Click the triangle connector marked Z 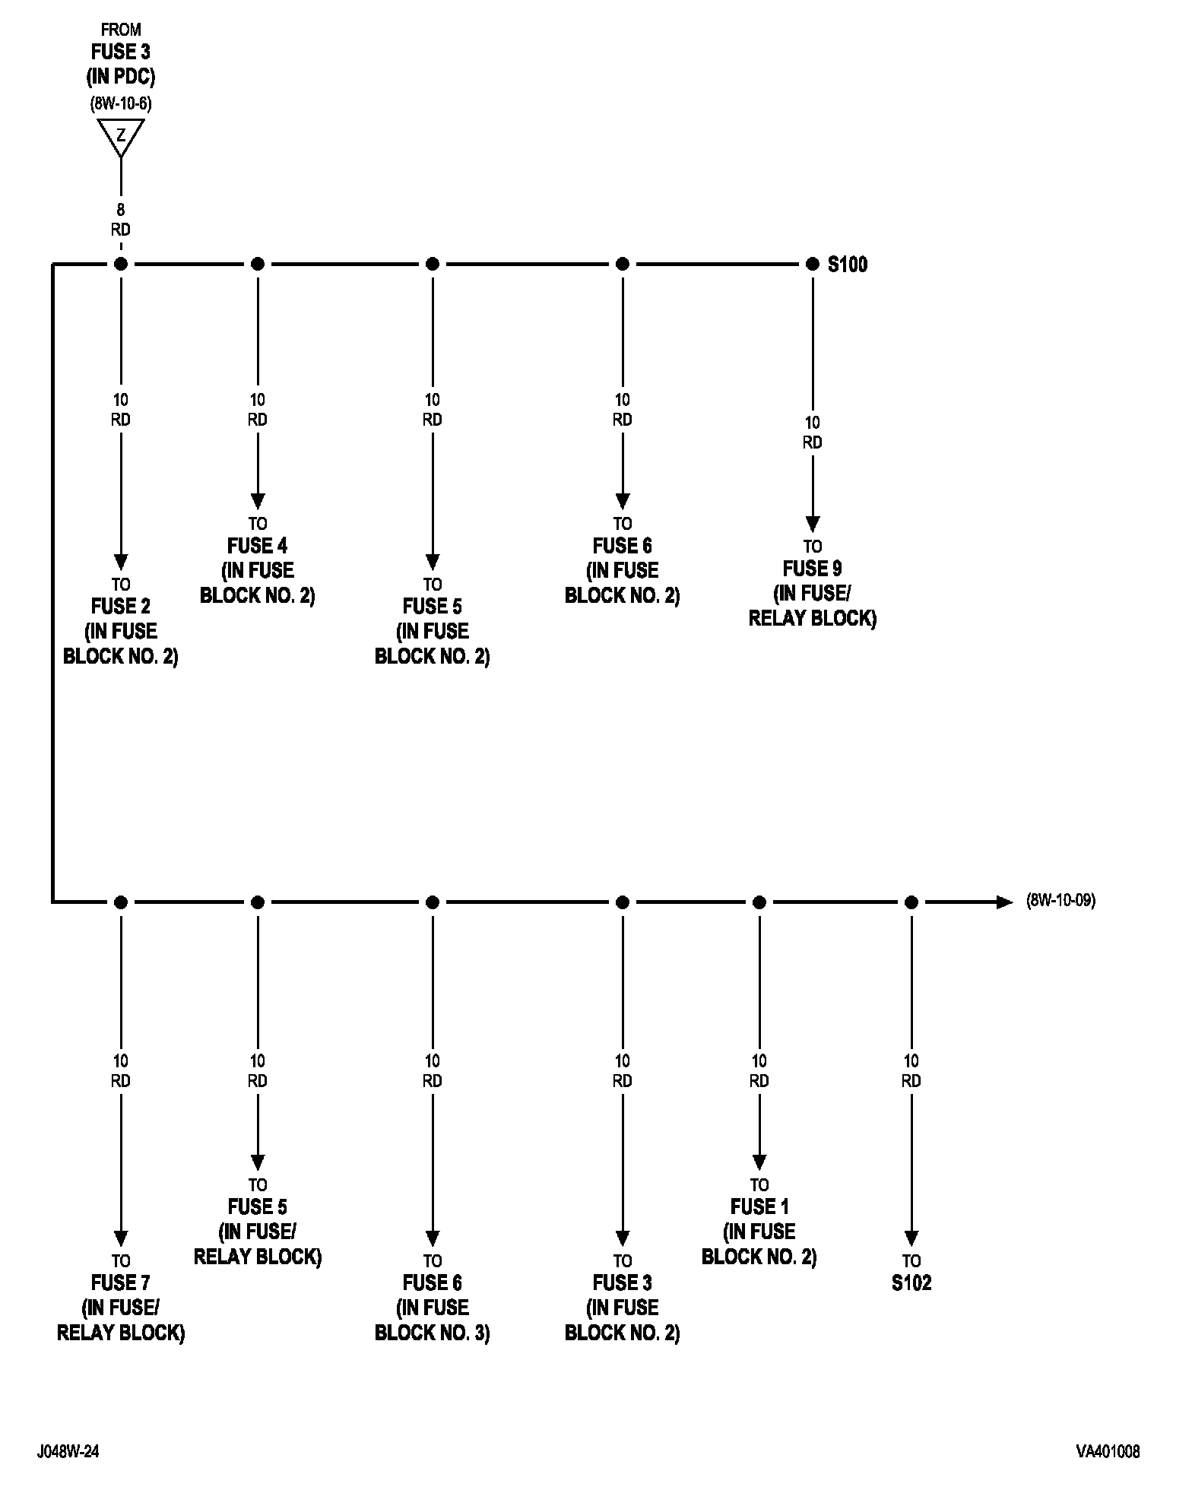pos(121,137)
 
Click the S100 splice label pos(847,265)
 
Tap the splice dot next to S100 pos(812,264)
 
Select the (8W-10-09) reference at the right pos(1060,902)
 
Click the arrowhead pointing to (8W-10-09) pos(1005,902)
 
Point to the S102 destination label pos(911,1283)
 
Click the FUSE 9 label pos(812,569)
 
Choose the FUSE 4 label pos(257,546)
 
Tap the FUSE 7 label pos(120,1283)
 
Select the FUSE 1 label pos(759,1207)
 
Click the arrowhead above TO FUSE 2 pos(121,563)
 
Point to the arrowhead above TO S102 pos(911,1239)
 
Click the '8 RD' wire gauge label pos(121,220)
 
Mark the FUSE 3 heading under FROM pos(121,52)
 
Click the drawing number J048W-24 pos(68,1452)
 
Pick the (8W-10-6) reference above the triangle pos(121,104)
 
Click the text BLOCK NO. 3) pos(432,1333)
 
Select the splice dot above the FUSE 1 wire pos(759,902)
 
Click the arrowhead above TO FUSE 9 pos(812,525)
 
